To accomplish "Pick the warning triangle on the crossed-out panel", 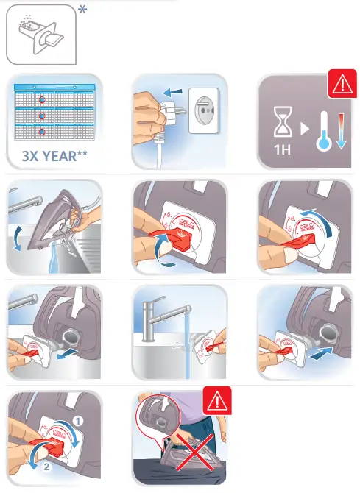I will [216, 402].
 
